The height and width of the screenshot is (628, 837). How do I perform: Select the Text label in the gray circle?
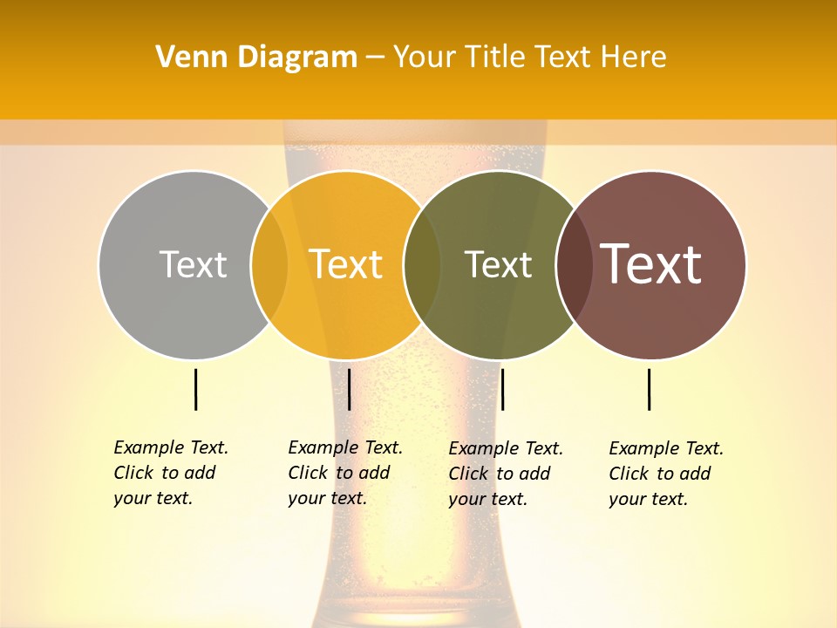[193, 264]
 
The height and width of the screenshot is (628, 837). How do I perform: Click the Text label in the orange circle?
[345, 264]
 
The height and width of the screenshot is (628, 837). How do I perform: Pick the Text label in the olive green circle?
[498, 264]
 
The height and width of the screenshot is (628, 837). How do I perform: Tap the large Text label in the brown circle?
[651, 264]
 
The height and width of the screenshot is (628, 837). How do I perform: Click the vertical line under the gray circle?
[196, 389]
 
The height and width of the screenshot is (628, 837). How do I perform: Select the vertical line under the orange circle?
[349, 389]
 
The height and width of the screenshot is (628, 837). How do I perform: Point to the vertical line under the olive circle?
[502, 389]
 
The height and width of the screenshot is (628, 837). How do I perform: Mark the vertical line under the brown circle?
[650, 389]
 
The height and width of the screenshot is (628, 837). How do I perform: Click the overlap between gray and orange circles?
[269, 264]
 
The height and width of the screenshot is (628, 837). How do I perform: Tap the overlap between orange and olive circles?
[422, 264]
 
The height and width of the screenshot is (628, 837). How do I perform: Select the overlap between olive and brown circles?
[574, 264]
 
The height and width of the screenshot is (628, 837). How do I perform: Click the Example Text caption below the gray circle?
[171, 473]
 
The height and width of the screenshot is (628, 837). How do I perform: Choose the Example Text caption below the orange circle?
[345, 473]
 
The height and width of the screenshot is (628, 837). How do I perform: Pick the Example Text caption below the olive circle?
[506, 474]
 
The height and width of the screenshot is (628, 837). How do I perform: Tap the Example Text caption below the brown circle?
[666, 474]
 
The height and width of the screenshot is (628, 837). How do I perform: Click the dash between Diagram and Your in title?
[375, 58]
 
